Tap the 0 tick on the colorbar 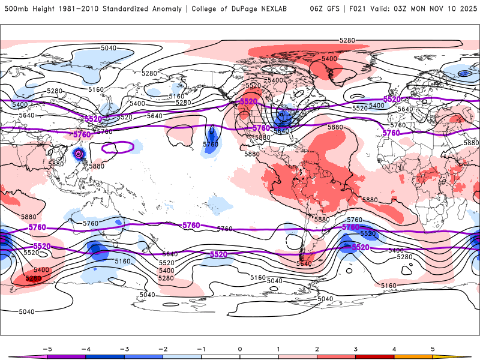[240, 349]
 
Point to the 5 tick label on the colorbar [433, 349]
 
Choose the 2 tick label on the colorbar [317, 349]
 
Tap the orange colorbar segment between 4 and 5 [414, 356]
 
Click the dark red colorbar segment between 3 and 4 [375, 356]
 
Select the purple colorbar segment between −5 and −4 [66, 356]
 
